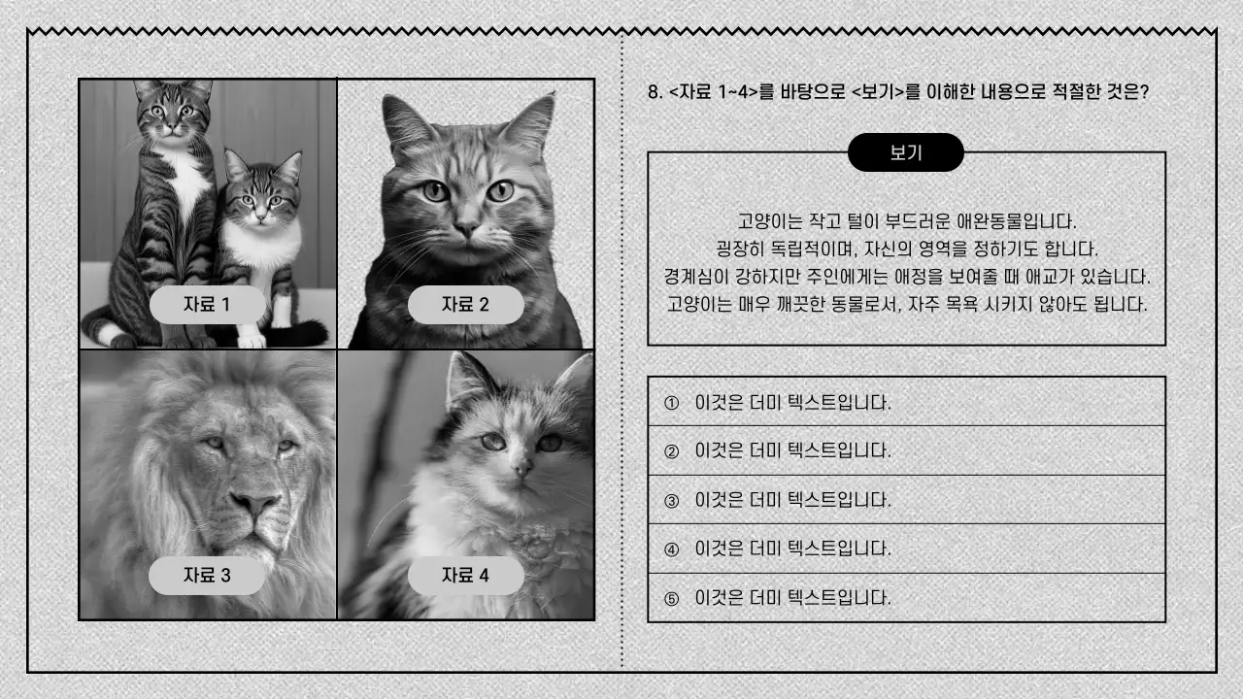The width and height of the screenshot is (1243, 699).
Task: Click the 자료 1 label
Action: click(x=207, y=305)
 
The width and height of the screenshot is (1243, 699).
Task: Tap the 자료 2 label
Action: click(x=465, y=305)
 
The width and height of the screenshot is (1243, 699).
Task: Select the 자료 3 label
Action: click(x=207, y=576)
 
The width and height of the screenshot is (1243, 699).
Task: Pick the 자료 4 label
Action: click(x=465, y=576)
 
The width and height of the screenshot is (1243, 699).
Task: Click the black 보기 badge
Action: click(x=905, y=152)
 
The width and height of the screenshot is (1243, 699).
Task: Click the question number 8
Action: click(x=654, y=93)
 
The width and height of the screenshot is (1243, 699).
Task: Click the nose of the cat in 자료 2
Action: click(x=467, y=229)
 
